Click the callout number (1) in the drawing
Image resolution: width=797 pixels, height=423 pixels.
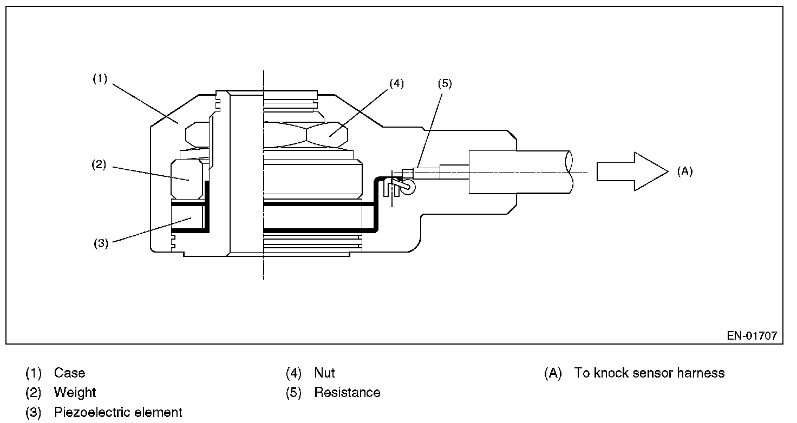100,79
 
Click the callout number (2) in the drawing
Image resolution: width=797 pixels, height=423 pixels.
98,166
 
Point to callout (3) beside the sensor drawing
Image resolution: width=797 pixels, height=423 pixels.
101,243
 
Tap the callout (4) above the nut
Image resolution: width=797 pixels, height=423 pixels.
396,84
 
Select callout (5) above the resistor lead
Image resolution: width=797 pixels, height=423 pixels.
444,84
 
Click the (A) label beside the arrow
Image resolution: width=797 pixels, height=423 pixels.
684,171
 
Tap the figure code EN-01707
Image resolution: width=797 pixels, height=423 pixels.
752,336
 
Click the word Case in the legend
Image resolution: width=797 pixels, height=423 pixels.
69,373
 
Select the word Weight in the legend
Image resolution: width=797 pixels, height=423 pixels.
75,393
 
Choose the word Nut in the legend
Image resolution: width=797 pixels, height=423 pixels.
324,373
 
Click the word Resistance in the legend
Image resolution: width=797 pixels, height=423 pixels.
347,393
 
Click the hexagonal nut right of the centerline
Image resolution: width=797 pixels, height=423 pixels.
311,133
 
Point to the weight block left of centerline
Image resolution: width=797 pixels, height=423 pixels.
188,179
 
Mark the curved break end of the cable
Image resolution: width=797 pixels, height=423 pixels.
569,171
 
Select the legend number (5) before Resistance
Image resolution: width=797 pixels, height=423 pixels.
293,393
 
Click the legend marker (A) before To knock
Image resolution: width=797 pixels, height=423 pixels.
553,373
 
